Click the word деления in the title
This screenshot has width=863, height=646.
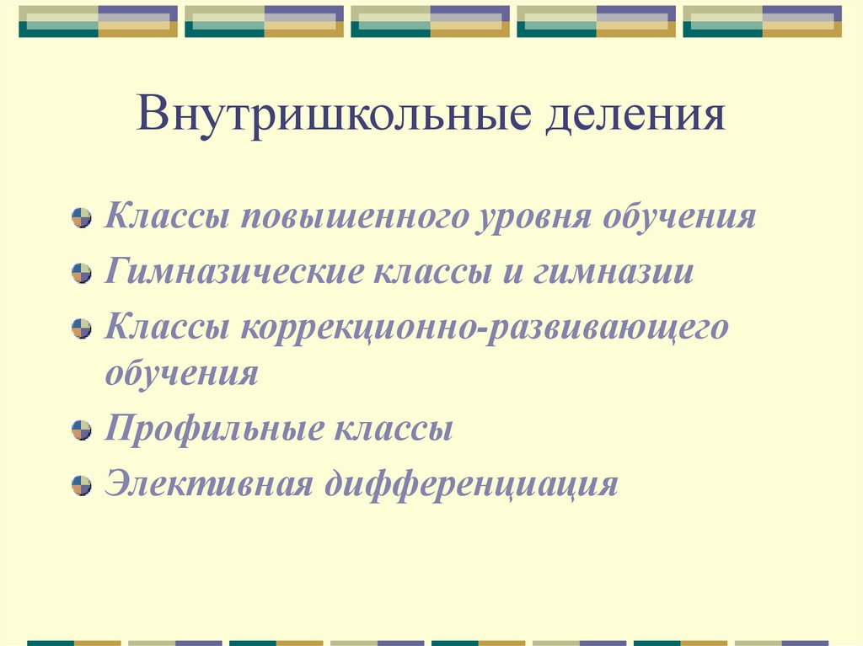click(635, 116)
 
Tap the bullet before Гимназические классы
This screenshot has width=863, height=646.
click(81, 274)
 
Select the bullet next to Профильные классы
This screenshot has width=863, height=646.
click(81, 431)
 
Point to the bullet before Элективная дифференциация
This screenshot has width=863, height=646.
click(81, 485)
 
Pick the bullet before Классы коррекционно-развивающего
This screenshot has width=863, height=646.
click(81, 328)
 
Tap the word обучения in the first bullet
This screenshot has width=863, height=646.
click(678, 218)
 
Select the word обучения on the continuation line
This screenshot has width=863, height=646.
click(181, 372)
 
